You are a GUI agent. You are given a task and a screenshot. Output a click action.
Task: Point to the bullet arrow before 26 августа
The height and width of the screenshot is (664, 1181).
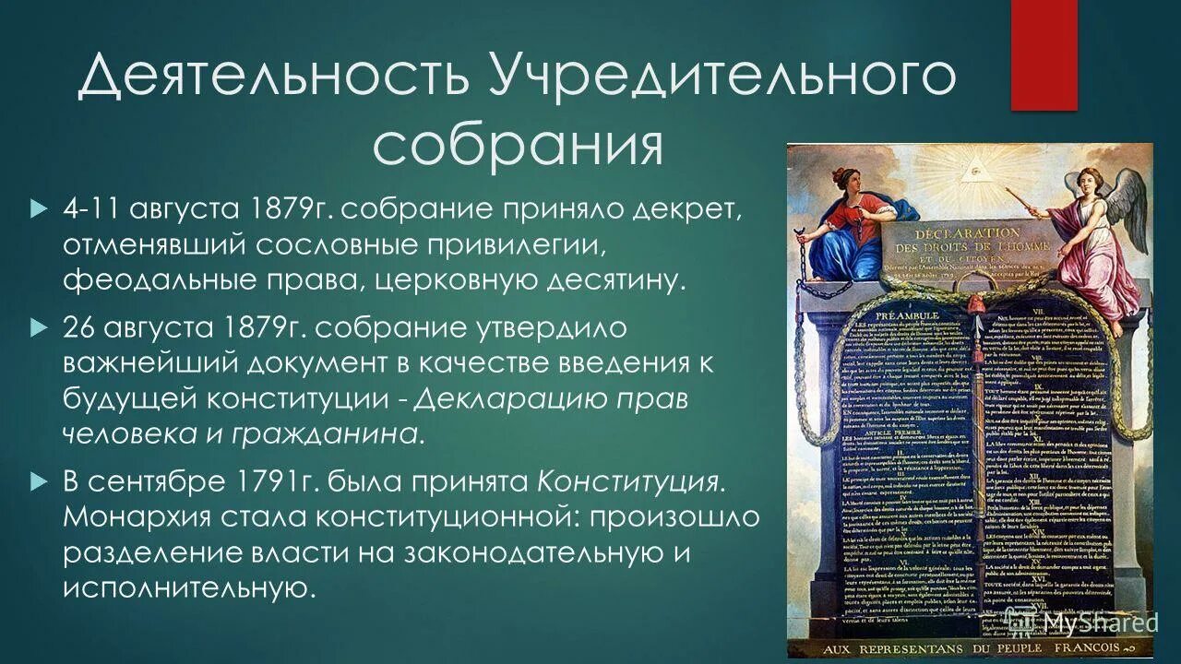click(38, 327)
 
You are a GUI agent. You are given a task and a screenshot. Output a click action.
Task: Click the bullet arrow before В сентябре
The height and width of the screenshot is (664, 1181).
click(38, 480)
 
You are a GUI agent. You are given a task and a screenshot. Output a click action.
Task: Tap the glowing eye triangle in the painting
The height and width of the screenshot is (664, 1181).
click(970, 171)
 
